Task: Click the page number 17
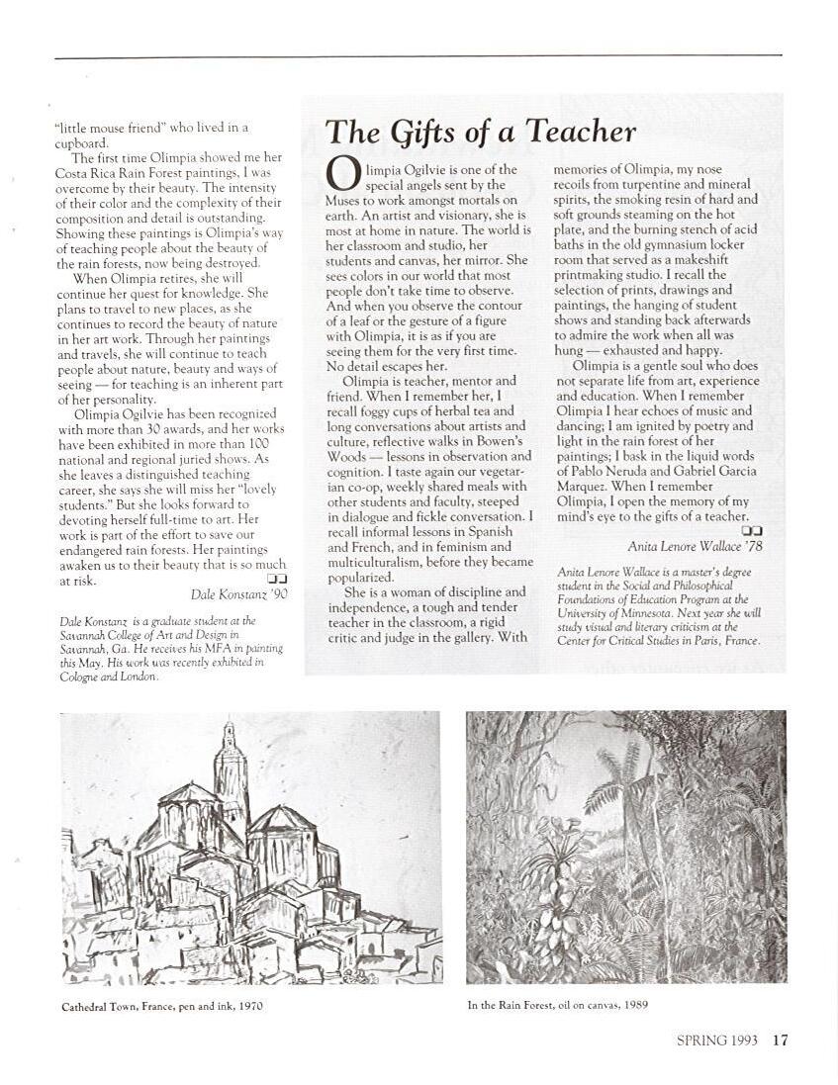coord(781,1040)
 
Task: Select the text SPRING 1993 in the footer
coord(717,1040)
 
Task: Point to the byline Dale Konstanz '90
coord(238,594)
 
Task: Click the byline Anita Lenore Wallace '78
coord(695,545)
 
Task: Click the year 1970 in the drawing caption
coord(251,1006)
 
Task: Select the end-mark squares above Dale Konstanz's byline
coord(277,578)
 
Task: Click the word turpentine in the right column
coord(661,184)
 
